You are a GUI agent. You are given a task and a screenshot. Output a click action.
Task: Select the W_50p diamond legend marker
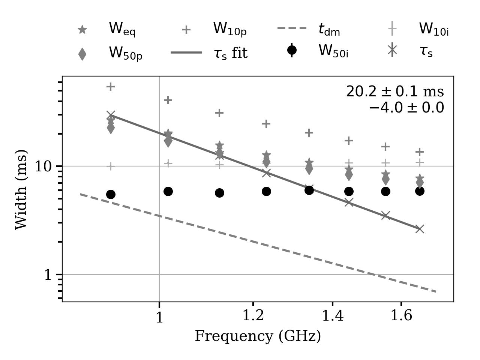click(82, 54)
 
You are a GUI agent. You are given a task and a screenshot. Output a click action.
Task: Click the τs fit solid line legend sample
click(186, 52)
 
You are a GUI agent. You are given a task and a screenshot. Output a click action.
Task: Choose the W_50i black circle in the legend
click(292, 50)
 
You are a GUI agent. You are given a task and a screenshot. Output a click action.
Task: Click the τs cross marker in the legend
click(392, 50)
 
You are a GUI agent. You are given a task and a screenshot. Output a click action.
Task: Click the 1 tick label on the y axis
click(48, 275)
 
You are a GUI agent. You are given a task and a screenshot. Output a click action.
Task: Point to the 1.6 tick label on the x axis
click(401, 316)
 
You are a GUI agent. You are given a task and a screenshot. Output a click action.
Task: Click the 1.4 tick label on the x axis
click(333, 316)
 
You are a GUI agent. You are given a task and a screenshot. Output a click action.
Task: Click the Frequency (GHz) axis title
click(258, 336)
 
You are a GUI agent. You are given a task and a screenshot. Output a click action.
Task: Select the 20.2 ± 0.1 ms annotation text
click(394, 92)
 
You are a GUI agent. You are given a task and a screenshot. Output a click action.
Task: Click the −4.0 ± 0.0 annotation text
click(406, 108)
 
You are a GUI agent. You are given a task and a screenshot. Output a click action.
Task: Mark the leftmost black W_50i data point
click(111, 194)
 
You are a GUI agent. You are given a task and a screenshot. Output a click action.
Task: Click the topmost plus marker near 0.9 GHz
click(111, 87)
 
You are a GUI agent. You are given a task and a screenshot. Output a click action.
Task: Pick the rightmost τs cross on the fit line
click(420, 229)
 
